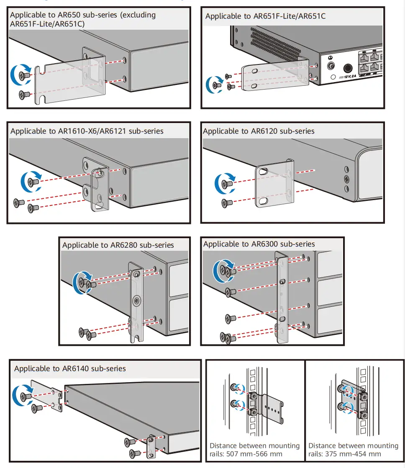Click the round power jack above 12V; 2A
(x=348, y=68)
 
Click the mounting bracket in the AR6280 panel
(x=136, y=301)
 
